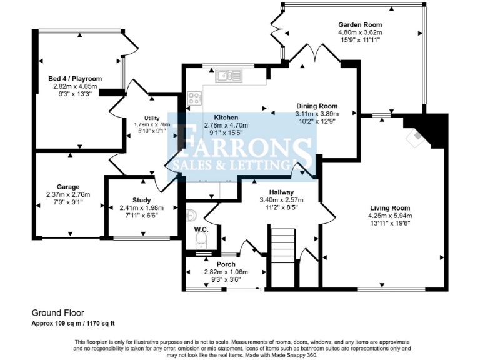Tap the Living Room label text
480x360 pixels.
click(390, 208)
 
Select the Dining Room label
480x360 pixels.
click(316, 106)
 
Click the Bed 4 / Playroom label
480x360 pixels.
click(72, 79)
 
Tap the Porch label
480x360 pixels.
click(226, 264)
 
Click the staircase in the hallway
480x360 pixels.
click(281, 258)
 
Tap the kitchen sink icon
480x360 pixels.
click(229, 77)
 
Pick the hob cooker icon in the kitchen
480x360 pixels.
click(194, 97)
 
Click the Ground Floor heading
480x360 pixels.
click(58, 312)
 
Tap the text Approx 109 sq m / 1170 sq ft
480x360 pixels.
click(74, 323)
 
